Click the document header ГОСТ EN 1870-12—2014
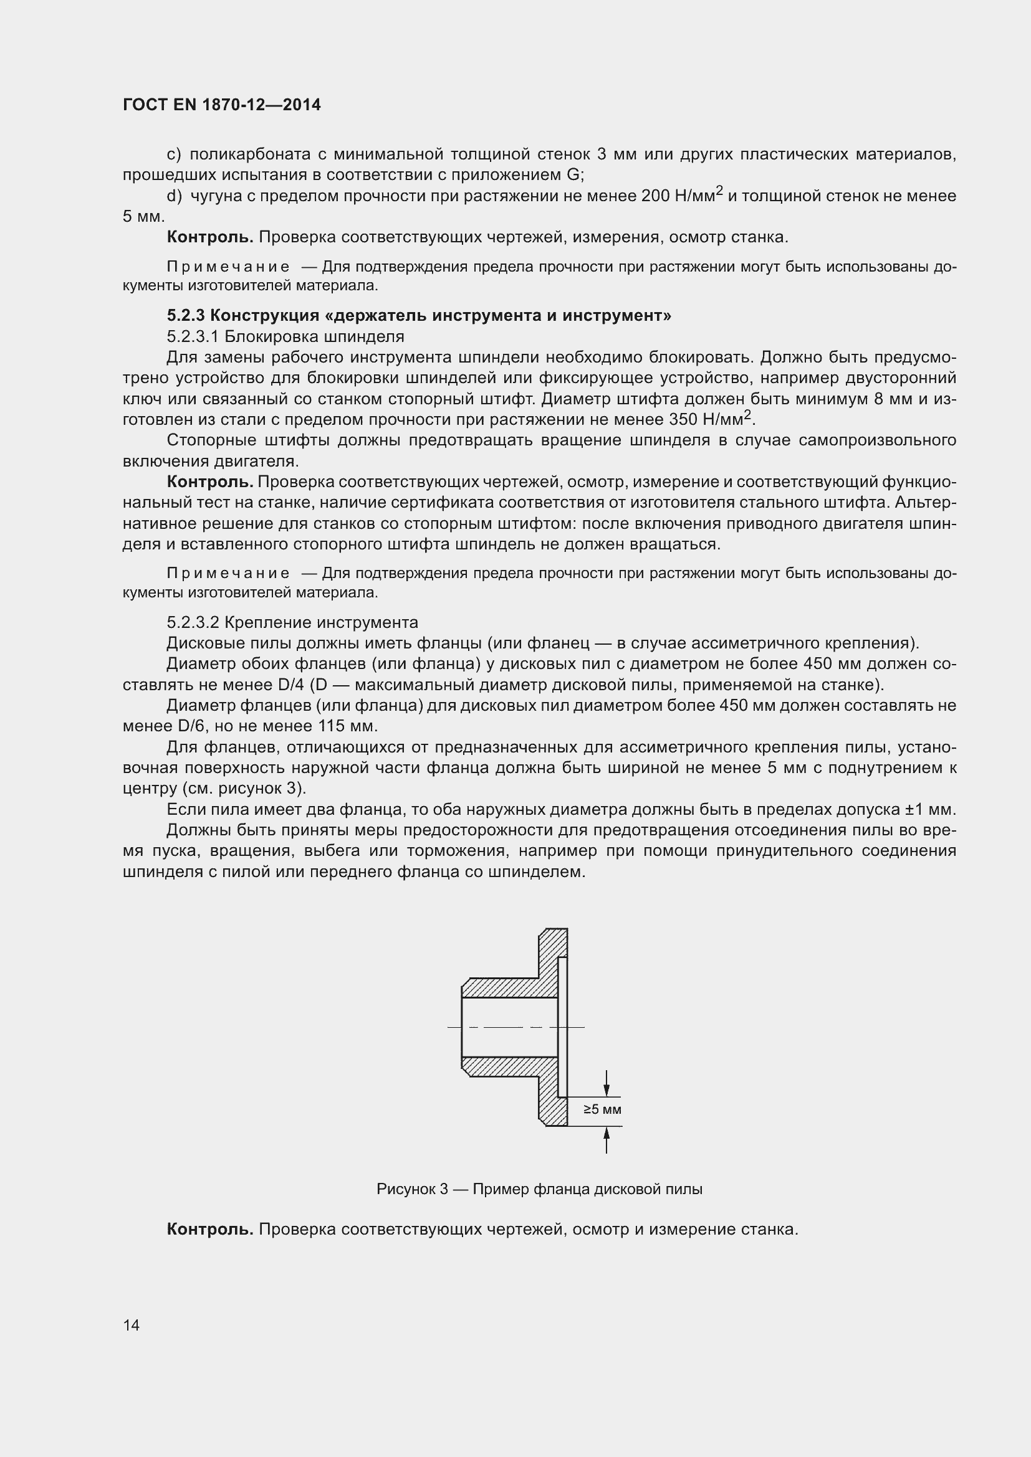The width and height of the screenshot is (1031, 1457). point(221,105)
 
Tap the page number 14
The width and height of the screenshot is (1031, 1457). point(132,1325)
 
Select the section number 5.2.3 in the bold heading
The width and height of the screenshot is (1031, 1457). point(186,315)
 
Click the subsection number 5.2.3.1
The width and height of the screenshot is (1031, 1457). point(193,336)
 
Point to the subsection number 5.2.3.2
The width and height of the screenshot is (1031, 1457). point(193,622)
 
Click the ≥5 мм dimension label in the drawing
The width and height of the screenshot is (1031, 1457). point(602,1110)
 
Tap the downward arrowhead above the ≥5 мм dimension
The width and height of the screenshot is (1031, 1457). point(607,1089)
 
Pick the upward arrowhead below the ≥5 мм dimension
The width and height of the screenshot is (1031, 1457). point(607,1133)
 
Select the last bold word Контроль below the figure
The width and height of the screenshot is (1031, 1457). point(210,1229)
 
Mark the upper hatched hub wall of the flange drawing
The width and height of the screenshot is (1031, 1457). point(502,987)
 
